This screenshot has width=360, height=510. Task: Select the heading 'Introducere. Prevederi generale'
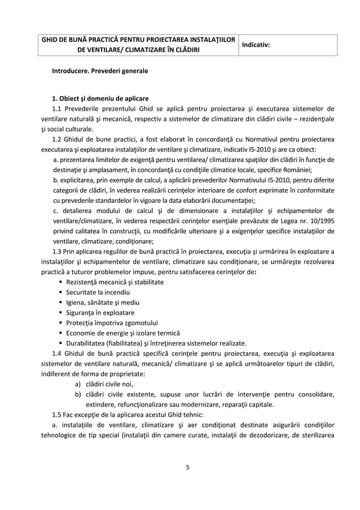point(100,72)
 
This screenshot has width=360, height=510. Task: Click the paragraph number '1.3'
point(56,251)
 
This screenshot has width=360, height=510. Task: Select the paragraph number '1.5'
point(56,414)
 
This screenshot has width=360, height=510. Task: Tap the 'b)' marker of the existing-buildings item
point(78,394)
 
